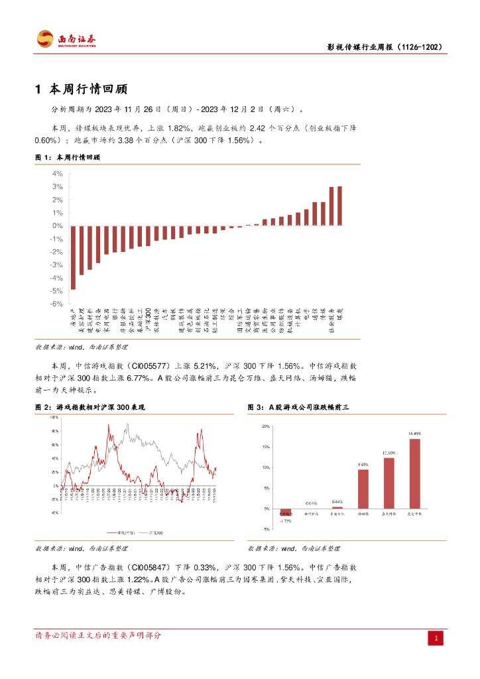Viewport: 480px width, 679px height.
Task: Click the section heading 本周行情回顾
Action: pyautogui.click(x=87, y=89)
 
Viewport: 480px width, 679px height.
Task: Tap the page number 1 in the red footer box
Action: pyautogui.click(x=436, y=638)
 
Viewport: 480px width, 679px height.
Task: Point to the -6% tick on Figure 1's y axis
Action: pyautogui.click(x=57, y=304)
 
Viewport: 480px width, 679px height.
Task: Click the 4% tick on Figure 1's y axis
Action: pyautogui.click(x=58, y=174)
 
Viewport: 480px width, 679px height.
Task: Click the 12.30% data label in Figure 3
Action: pyautogui.click(x=389, y=454)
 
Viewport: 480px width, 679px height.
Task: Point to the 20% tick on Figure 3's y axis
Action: pyautogui.click(x=266, y=426)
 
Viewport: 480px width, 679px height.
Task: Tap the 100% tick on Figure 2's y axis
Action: pyautogui.click(x=54, y=418)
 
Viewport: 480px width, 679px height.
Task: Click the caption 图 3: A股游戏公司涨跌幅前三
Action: pyautogui.click(x=298, y=406)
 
